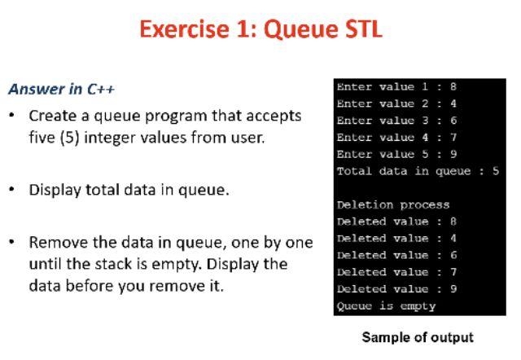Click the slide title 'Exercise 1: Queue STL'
click(x=260, y=30)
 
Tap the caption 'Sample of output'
click(x=417, y=336)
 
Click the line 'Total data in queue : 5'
click(x=417, y=171)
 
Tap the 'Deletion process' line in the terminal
click(x=393, y=205)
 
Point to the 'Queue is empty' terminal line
click(x=386, y=306)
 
